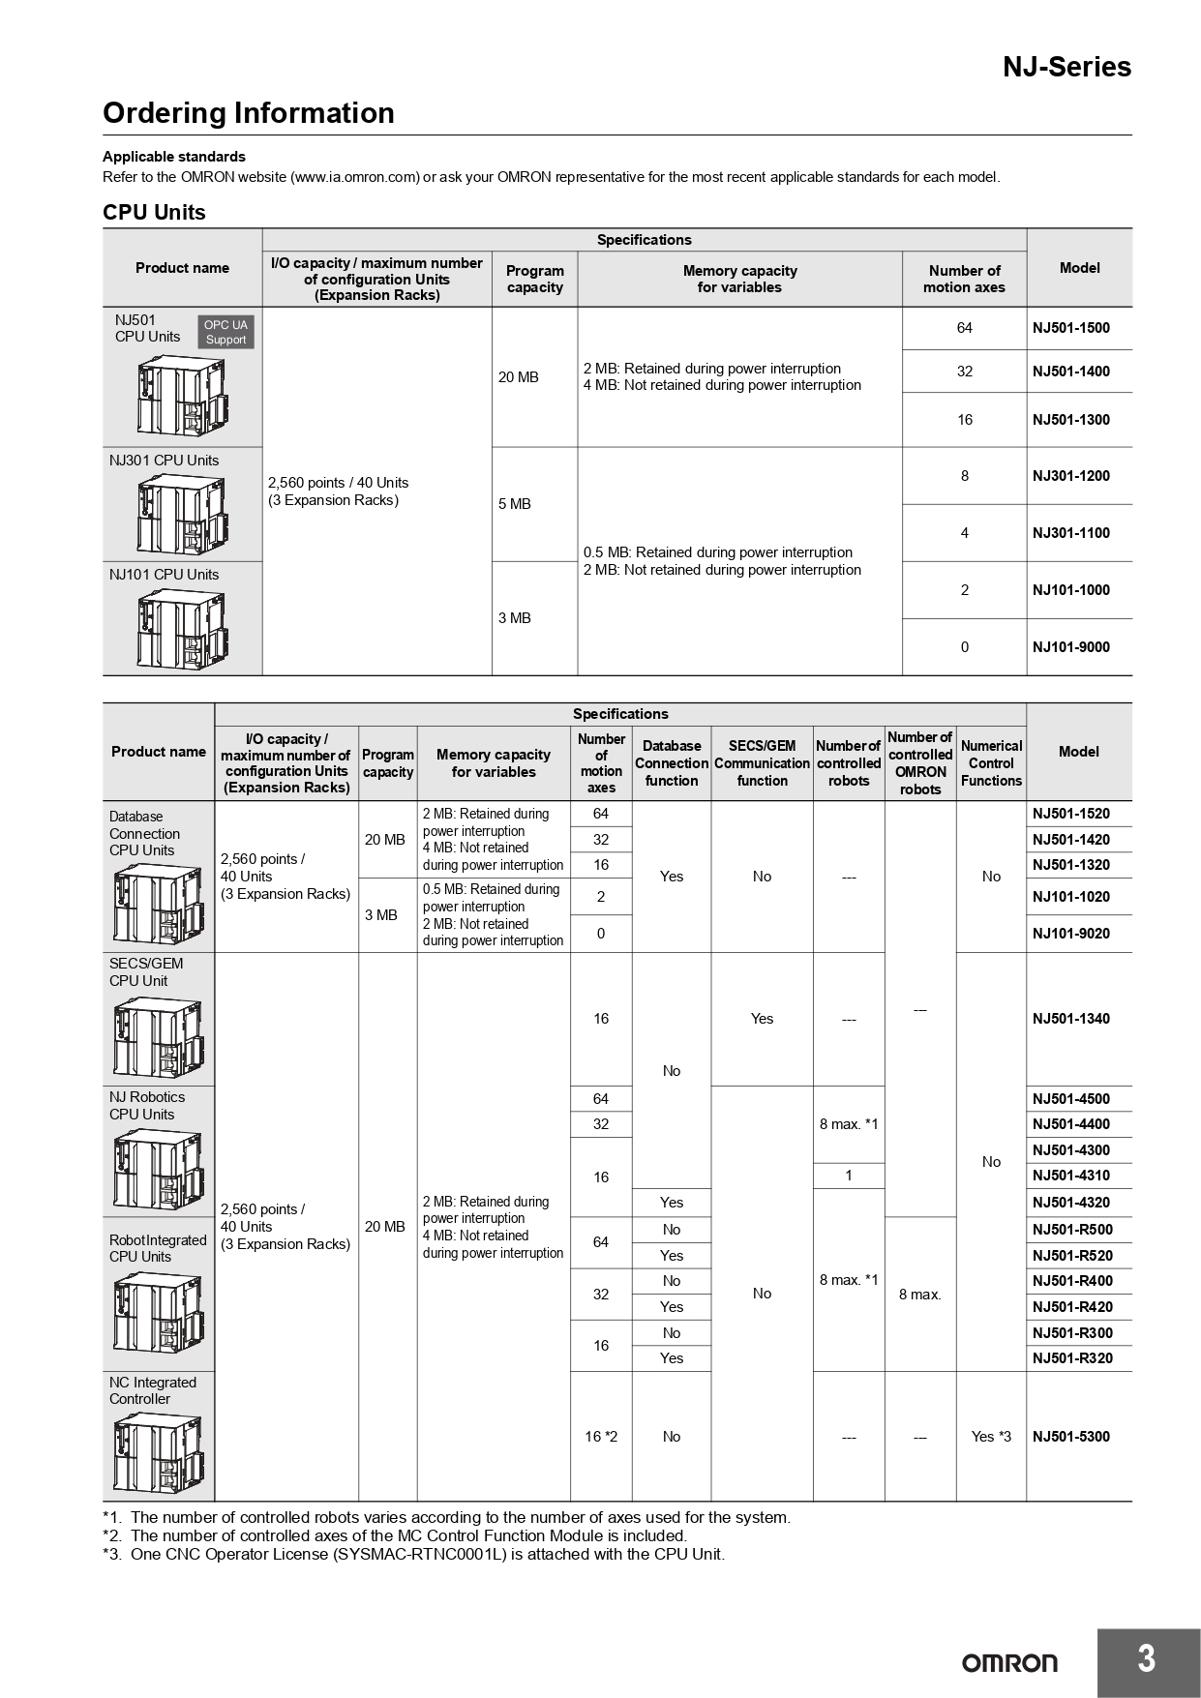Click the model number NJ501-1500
(x=1070, y=328)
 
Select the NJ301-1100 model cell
(x=1070, y=533)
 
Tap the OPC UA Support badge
(x=225, y=332)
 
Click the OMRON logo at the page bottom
(x=1009, y=1663)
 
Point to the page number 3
(x=1147, y=1659)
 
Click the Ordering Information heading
(x=249, y=113)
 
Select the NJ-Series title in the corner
(x=1066, y=67)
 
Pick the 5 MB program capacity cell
(x=515, y=504)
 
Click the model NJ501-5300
(x=1070, y=1437)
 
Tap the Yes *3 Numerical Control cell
(x=991, y=1437)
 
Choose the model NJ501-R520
(x=1072, y=1256)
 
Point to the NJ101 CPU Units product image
(x=183, y=628)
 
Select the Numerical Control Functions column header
(x=991, y=763)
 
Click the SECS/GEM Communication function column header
(x=762, y=763)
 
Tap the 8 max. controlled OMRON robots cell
(x=919, y=1295)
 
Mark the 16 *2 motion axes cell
(x=601, y=1437)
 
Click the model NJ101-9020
(x=1070, y=934)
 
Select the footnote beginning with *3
(x=413, y=1554)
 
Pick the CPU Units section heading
(x=154, y=212)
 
